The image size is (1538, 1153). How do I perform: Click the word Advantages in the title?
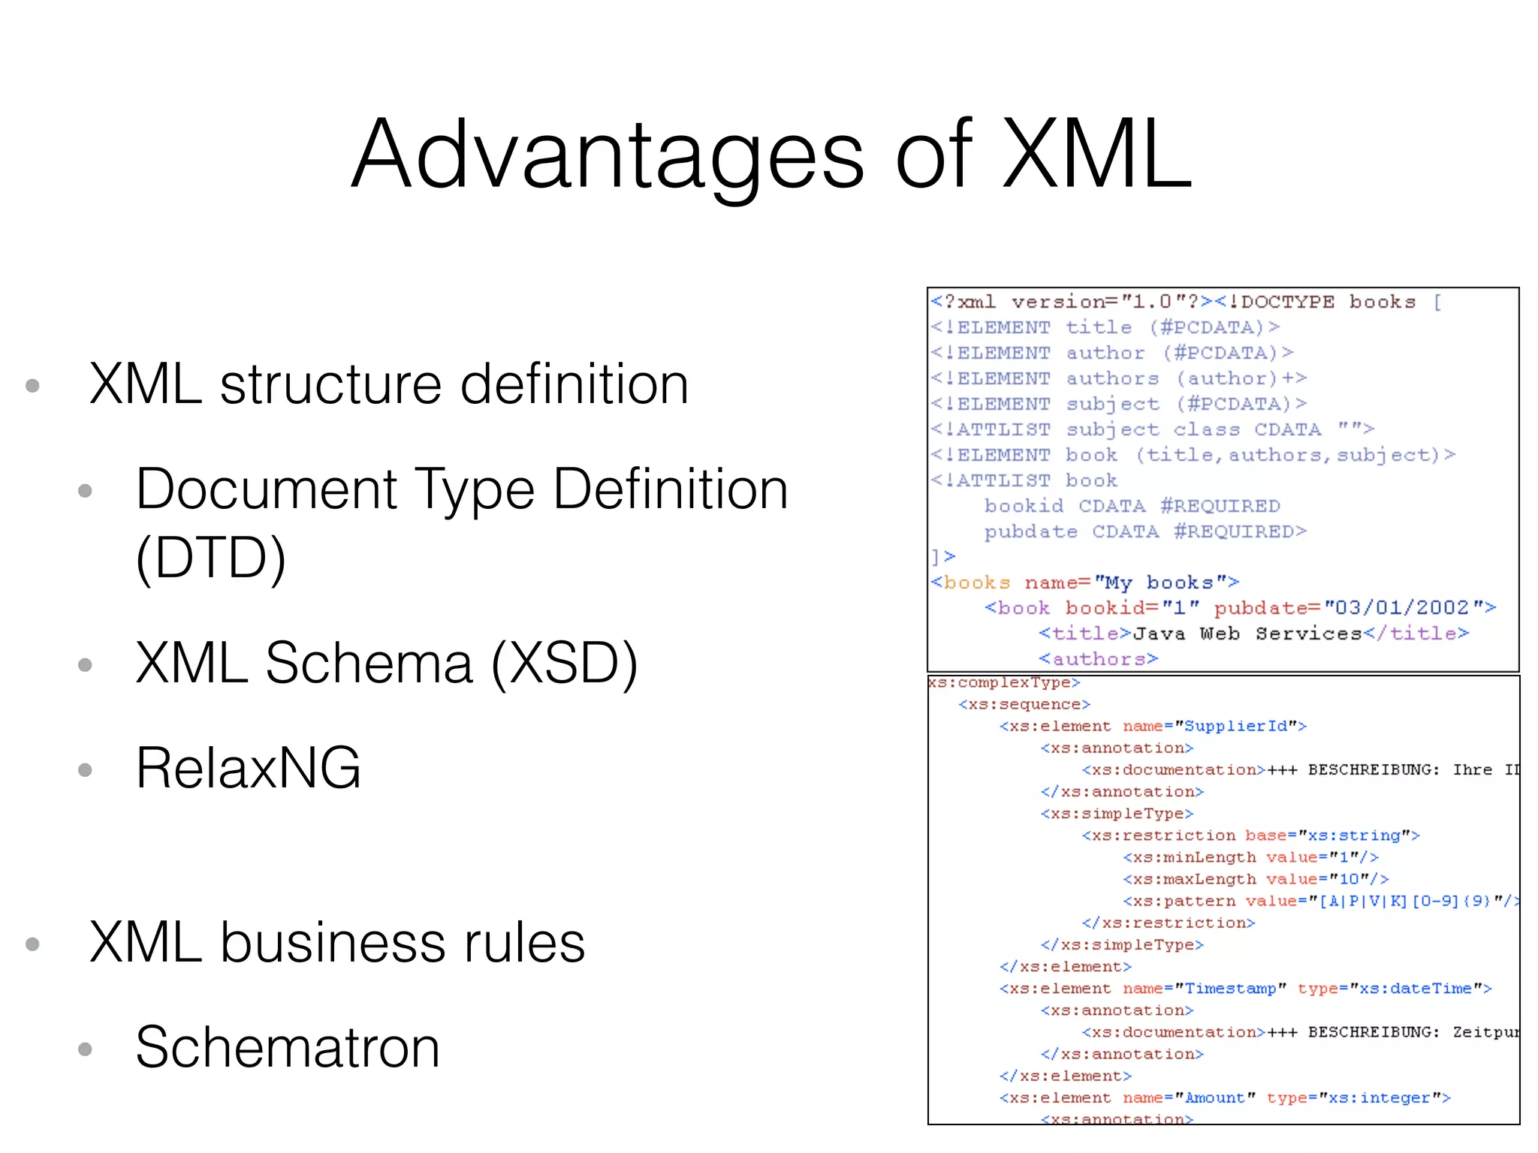point(608,155)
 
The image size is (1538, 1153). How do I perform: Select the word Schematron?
point(288,1047)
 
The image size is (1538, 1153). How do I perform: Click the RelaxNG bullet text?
point(249,768)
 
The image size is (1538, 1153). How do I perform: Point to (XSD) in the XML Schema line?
point(564,664)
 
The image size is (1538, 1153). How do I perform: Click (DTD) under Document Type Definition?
point(211,558)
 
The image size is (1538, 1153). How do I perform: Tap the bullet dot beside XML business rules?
point(32,944)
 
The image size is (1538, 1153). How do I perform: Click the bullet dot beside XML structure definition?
point(32,386)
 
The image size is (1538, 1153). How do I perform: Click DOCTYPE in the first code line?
point(1287,302)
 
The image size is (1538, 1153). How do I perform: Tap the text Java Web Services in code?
point(1247,634)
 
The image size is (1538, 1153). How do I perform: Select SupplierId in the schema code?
point(1240,726)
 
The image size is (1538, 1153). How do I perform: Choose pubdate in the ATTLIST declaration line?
point(1030,531)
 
